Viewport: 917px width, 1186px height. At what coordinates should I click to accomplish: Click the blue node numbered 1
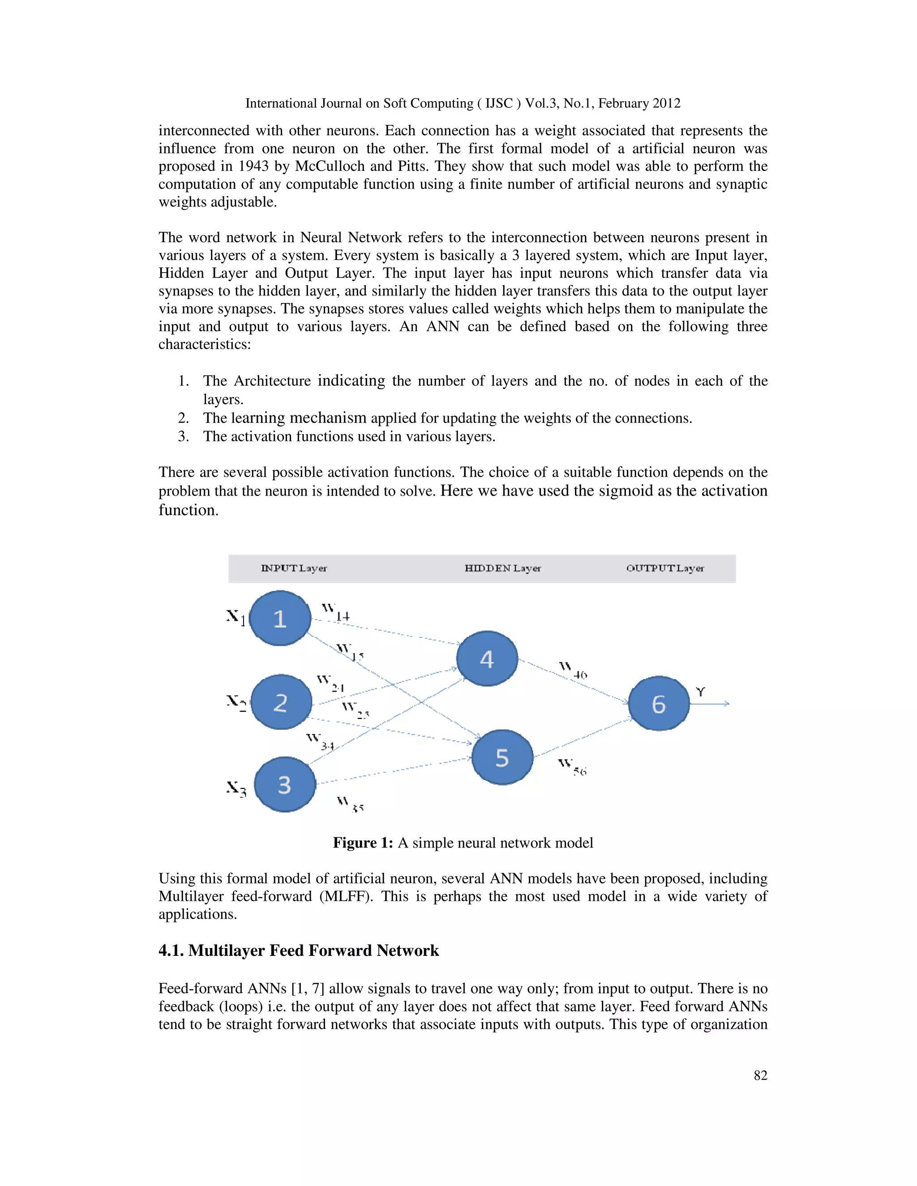coord(280,619)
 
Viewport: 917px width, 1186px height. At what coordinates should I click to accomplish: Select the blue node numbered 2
coord(281,702)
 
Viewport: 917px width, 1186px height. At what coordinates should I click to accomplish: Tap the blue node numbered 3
coord(285,785)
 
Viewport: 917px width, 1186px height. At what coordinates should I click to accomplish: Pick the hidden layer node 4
coord(487,659)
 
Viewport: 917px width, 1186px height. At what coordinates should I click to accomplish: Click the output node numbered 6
coord(658,704)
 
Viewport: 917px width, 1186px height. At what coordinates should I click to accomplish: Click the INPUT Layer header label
coord(294,568)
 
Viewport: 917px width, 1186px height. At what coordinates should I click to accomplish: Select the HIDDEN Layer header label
coord(502,568)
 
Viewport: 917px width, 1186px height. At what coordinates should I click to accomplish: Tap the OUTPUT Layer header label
coord(665,568)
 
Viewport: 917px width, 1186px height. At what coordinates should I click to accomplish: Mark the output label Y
coord(700,692)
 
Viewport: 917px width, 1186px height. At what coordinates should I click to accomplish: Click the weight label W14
coord(335,612)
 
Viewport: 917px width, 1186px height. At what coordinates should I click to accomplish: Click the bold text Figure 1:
coord(362,843)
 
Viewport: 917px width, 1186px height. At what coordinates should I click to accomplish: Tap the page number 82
coord(760,1075)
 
